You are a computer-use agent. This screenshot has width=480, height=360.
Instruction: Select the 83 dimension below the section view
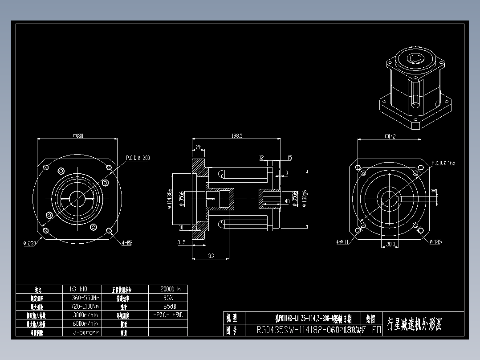pyautogui.click(x=211, y=255)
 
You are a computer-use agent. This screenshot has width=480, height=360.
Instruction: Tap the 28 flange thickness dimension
pyautogui.click(x=199, y=147)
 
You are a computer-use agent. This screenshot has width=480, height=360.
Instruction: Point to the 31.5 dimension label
pyautogui.click(x=181, y=242)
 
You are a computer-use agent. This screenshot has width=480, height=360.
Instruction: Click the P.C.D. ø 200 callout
pyautogui.click(x=138, y=158)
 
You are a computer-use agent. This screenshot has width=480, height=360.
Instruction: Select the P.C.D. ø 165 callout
pyautogui.click(x=443, y=163)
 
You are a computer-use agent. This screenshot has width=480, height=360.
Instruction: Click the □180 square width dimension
pyautogui.click(x=77, y=136)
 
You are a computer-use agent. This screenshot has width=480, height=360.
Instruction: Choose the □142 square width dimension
pyautogui.click(x=390, y=137)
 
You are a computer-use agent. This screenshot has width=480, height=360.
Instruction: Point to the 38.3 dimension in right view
pyautogui.click(x=391, y=244)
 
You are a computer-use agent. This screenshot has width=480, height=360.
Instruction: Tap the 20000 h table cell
pyautogui.click(x=168, y=289)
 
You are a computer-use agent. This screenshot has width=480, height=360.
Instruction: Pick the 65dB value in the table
pyautogui.click(x=168, y=306)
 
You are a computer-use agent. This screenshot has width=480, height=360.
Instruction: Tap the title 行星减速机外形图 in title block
pyautogui.click(x=415, y=324)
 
